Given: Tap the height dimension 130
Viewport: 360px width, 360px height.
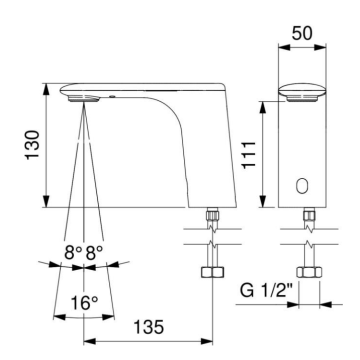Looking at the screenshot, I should tap(33, 146).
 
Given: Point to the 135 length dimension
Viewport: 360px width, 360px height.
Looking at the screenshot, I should tap(148, 325).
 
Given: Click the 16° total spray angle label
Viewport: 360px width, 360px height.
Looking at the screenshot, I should tap(83, 301).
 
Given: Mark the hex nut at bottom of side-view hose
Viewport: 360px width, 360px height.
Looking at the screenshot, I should tap(213, 274).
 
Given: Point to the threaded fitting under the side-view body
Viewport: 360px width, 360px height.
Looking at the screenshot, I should tap(213, 216).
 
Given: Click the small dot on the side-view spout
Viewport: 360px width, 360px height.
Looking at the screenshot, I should tap(113, 98).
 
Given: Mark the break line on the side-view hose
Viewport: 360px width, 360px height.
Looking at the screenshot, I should tap(213, 245).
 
